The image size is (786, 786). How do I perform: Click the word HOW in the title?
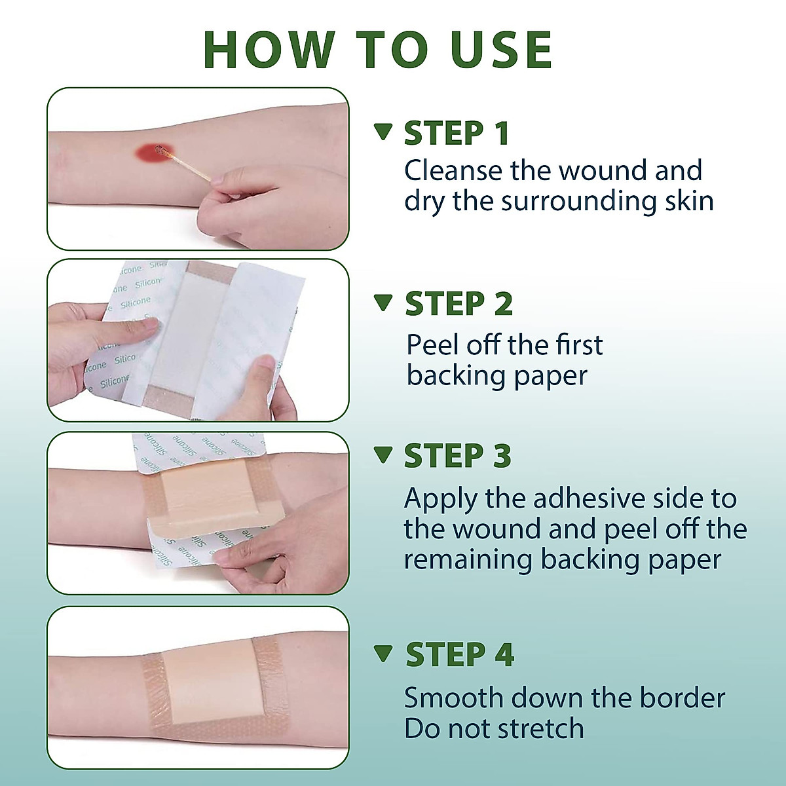(x=269, y=49)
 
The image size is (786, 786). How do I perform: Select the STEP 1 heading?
(x=457, y=133)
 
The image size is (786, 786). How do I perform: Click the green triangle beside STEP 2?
(x=383, y=303)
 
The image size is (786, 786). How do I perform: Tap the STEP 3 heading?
(x=458, y=455)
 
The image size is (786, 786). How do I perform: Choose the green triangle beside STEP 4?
(x=383, y=654)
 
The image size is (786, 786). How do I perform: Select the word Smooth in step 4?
(x=453, y=698)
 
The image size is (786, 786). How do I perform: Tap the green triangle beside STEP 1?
(x=383, y=132)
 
